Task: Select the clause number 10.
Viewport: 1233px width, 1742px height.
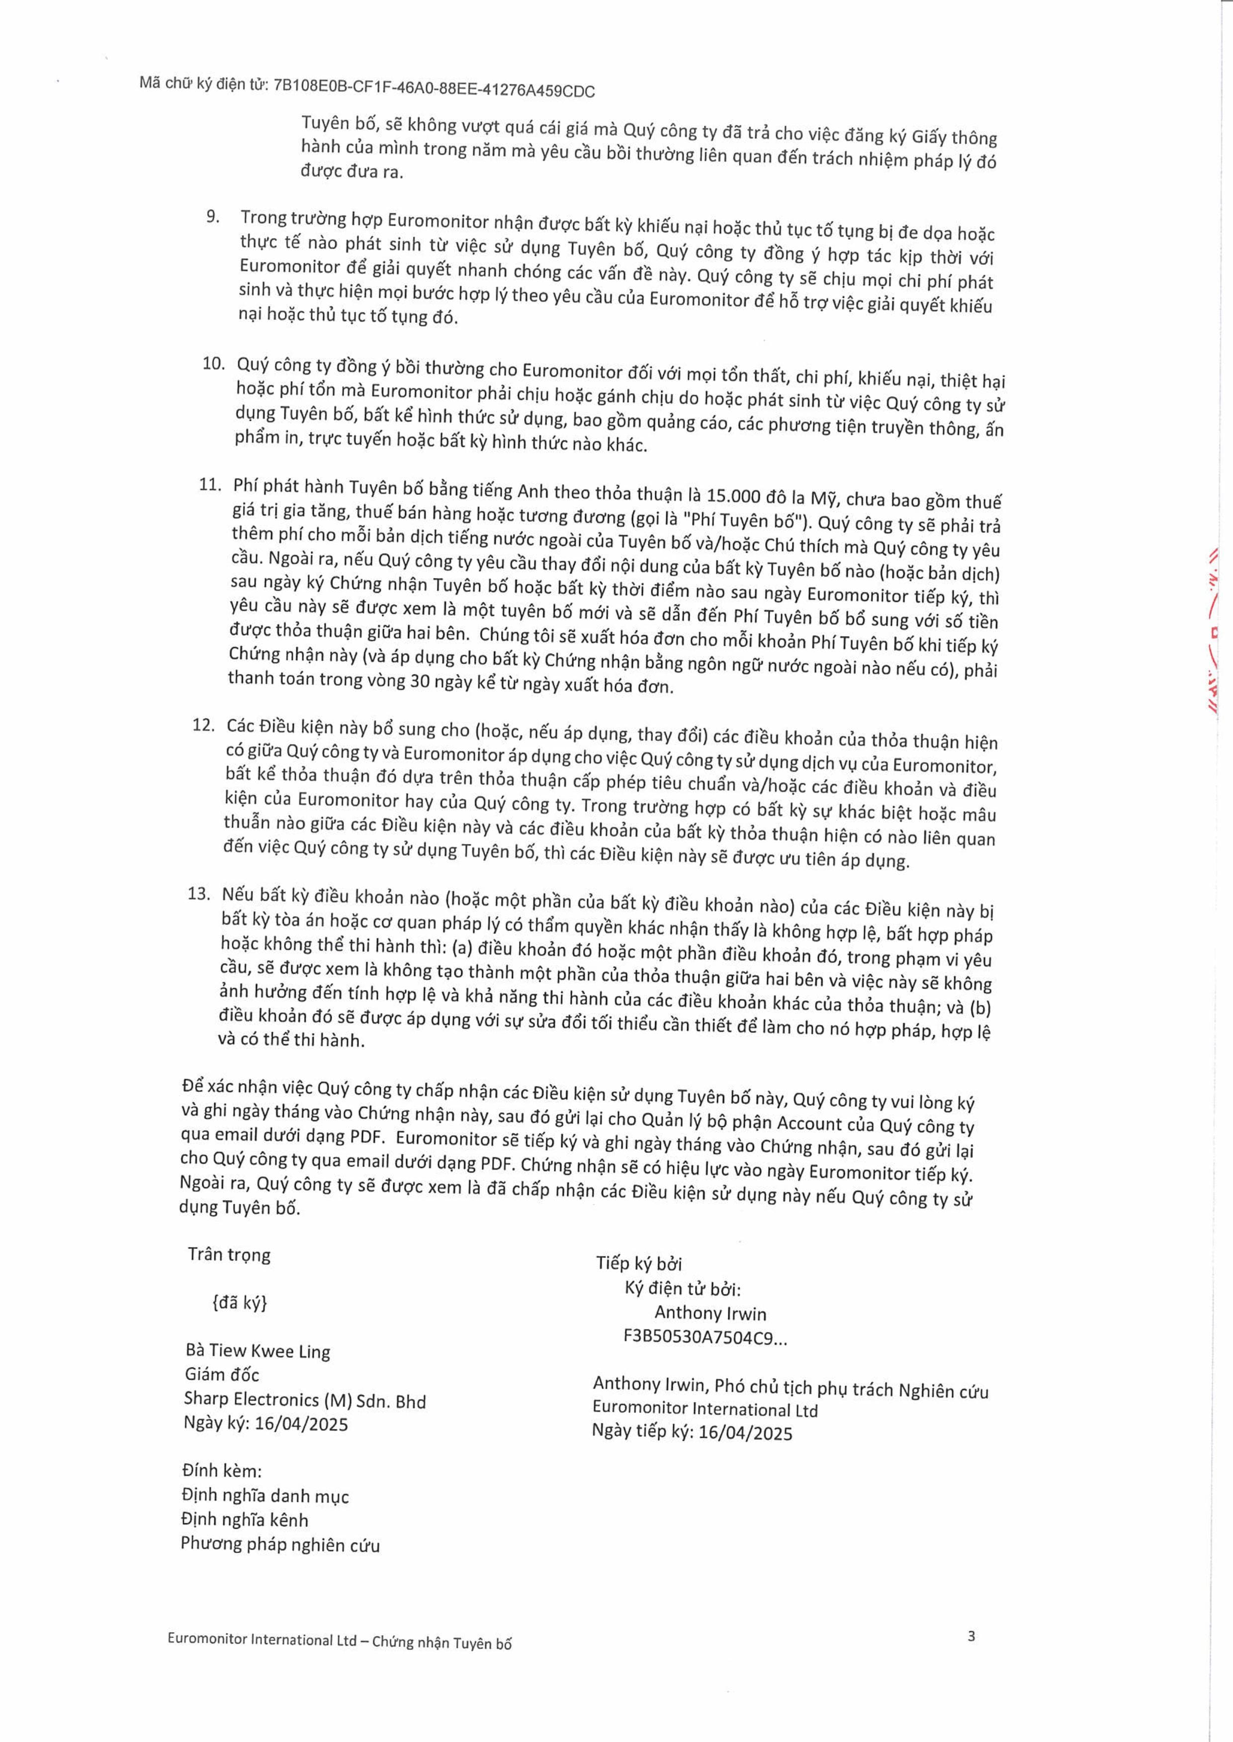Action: coord(213,364)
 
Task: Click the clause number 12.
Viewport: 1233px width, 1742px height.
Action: coord(203,725)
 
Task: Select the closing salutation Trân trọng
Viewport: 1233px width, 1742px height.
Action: coord(229,1254)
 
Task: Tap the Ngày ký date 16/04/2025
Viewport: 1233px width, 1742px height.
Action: coord(301,1424)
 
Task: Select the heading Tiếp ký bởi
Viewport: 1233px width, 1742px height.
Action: coord(638,1263)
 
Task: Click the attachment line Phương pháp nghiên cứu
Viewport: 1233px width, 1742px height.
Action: coord(280,1545)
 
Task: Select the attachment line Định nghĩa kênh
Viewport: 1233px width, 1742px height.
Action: coord(245,1520)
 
